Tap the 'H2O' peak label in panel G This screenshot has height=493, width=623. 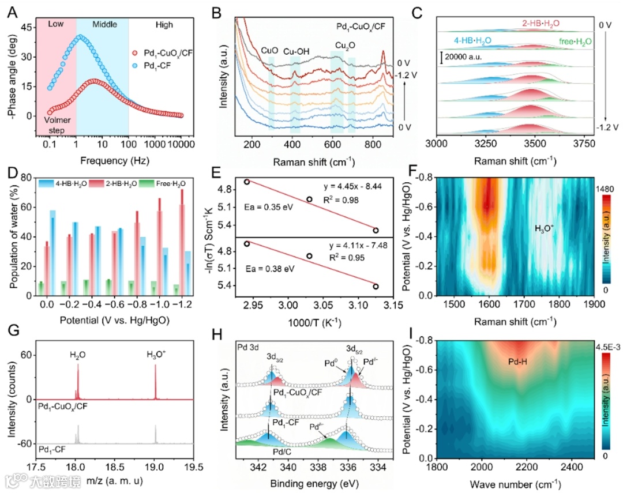click(77, 356)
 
